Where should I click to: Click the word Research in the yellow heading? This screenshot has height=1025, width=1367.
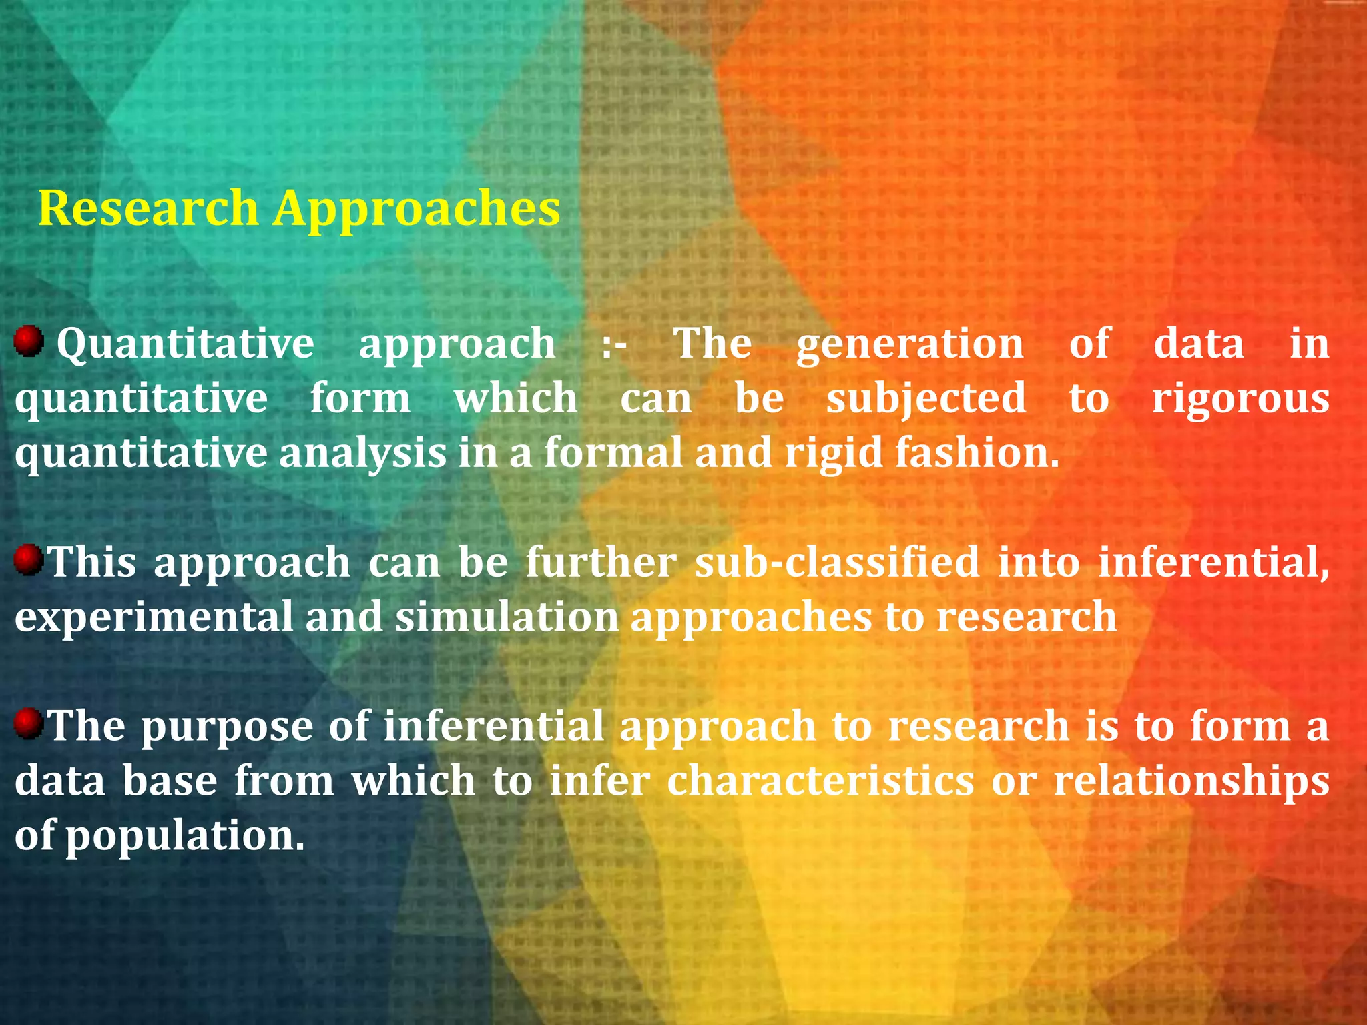point(148,208)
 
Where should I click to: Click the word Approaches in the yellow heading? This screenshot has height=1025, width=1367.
point(417,209)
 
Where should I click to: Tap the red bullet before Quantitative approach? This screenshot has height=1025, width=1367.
point(29,341)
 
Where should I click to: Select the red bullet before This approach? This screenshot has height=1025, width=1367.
point(29,559)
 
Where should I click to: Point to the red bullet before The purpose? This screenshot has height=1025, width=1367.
point(29,723)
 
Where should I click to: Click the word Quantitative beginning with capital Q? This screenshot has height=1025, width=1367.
point(185,345)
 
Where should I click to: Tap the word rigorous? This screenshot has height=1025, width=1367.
point(1240,400)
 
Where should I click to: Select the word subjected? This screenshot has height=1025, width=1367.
point(926,400)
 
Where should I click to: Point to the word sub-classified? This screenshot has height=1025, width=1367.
point(837,562)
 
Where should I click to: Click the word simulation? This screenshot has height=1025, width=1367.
point(507,617)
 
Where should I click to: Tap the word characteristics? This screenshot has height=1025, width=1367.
point(820,781)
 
